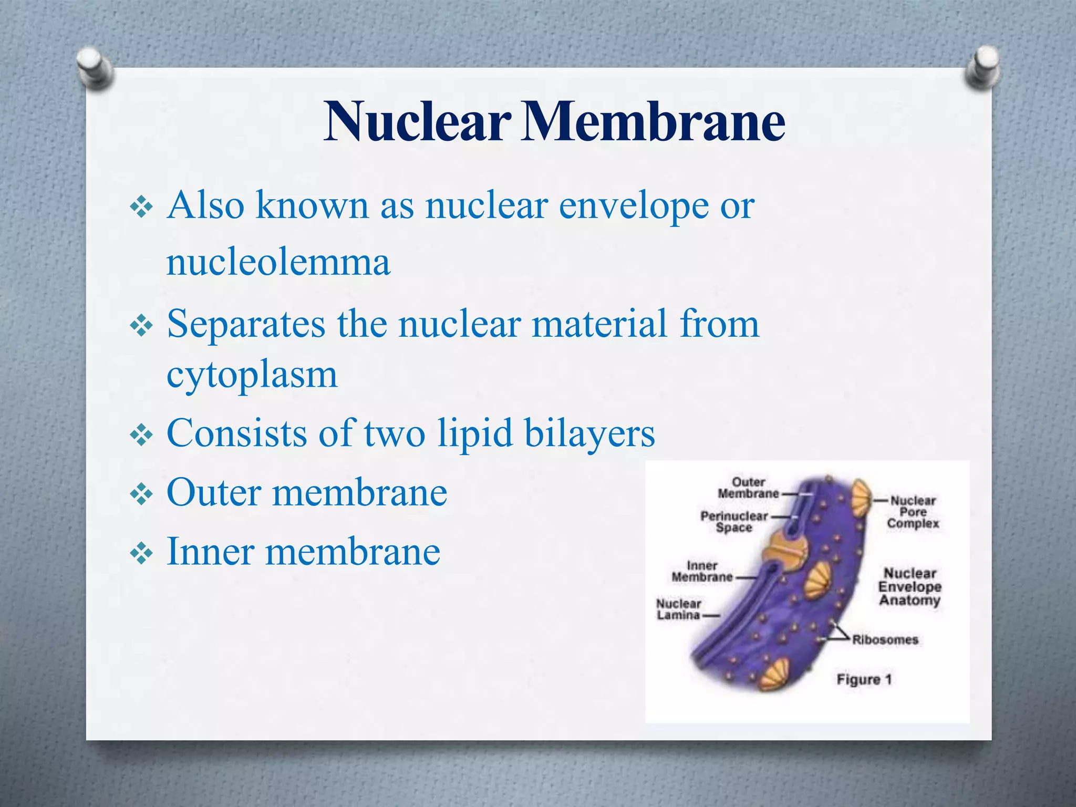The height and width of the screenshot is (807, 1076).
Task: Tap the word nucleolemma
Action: tap(278, 262)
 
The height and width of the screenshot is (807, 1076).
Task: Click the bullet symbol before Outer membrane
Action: tap(141, 494)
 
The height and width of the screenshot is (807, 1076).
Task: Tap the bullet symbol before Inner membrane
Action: tap(141, 553)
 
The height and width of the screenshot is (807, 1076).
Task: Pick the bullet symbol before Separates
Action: tap(141, 326)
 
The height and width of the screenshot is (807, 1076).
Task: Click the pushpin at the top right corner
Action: tap(982, 67)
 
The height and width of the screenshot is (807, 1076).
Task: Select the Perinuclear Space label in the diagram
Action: tap(734, 522)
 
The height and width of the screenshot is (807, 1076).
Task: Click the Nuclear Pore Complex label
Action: tap(913, 512)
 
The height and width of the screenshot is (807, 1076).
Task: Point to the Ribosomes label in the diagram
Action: tap(885, 640)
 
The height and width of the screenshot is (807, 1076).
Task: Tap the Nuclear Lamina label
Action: tap(679, 609)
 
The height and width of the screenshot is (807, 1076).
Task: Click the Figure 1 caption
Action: tap(864, 679)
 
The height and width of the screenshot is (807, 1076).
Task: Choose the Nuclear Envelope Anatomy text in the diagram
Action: tap(909, 586)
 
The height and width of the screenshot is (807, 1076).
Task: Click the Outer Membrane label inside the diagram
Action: tap(748, 488)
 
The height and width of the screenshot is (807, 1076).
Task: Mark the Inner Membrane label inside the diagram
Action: tap(702, 571)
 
